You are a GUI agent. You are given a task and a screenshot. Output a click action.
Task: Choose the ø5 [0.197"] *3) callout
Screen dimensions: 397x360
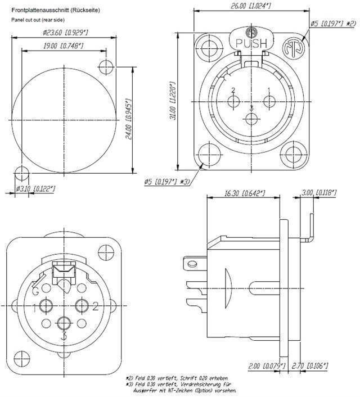click(166, 182)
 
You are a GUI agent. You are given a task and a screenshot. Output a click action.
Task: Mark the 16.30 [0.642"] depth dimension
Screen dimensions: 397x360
click(244, 193)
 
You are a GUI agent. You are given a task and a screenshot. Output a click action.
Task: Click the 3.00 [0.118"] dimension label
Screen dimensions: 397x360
click(318, 193)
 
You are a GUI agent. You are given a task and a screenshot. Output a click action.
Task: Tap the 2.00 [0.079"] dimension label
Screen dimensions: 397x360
click(267, 366)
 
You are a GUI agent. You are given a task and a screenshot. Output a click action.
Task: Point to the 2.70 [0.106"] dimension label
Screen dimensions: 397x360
click(318, 366)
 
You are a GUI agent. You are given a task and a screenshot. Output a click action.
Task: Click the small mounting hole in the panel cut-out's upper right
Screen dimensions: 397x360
click(106, 67)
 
